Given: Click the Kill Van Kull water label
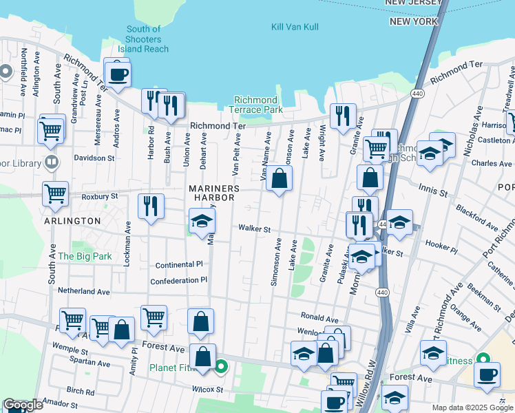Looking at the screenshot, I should [x=297, y=26].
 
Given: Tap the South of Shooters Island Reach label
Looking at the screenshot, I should [x=143, y=39].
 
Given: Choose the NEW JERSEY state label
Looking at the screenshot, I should [x=413, y=3].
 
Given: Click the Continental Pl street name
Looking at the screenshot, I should [x=179, y=264].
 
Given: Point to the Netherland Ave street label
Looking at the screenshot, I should [x=84, y=291].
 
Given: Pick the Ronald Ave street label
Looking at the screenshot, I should [x=319, y=319].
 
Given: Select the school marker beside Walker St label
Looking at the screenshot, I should [x=202, y=222].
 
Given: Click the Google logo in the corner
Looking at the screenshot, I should [x=23, y=405].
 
